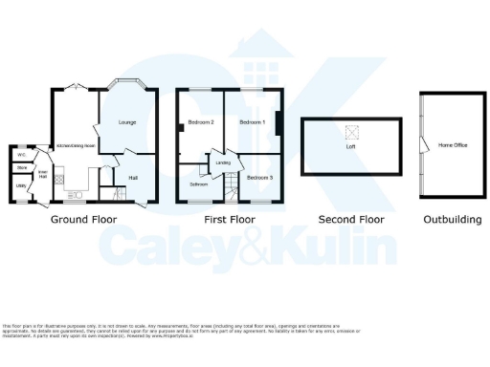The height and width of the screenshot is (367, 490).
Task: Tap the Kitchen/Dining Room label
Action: (x=74, y=144)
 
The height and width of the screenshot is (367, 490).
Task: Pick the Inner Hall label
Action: (x=42, y=174)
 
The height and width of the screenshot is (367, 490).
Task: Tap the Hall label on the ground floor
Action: (x=133, y=177)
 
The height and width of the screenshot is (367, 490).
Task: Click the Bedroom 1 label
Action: (x=252, y=123)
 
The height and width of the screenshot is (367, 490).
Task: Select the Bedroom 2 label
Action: (x=200, y=123)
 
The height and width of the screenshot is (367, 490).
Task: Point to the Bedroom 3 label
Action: (x=259, y=178)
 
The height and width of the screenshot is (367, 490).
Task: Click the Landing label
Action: (x=224, y=162)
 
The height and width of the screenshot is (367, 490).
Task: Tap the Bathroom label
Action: (x=198, y=183)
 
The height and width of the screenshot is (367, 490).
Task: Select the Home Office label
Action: (x=453, y=145)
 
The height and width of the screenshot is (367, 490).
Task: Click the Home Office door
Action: (x=422, y=143)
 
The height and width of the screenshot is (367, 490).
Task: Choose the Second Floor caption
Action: (x=350, y=220)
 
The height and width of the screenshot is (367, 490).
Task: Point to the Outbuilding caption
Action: (x=453, y=220)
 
